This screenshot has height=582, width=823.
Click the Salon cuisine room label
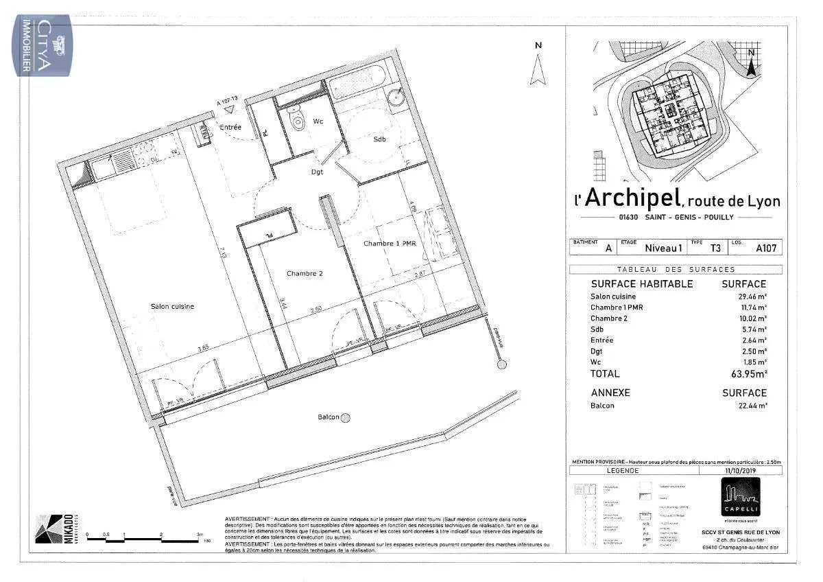172,306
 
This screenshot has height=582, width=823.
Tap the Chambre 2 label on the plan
305,273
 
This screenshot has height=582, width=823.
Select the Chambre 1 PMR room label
390,244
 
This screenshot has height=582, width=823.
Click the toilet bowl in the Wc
298,122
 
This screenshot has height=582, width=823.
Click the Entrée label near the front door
230,128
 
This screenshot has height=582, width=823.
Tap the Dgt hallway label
317,172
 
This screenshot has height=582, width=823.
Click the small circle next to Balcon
346,417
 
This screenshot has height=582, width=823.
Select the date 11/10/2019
739,471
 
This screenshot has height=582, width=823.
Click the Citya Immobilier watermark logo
43,45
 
